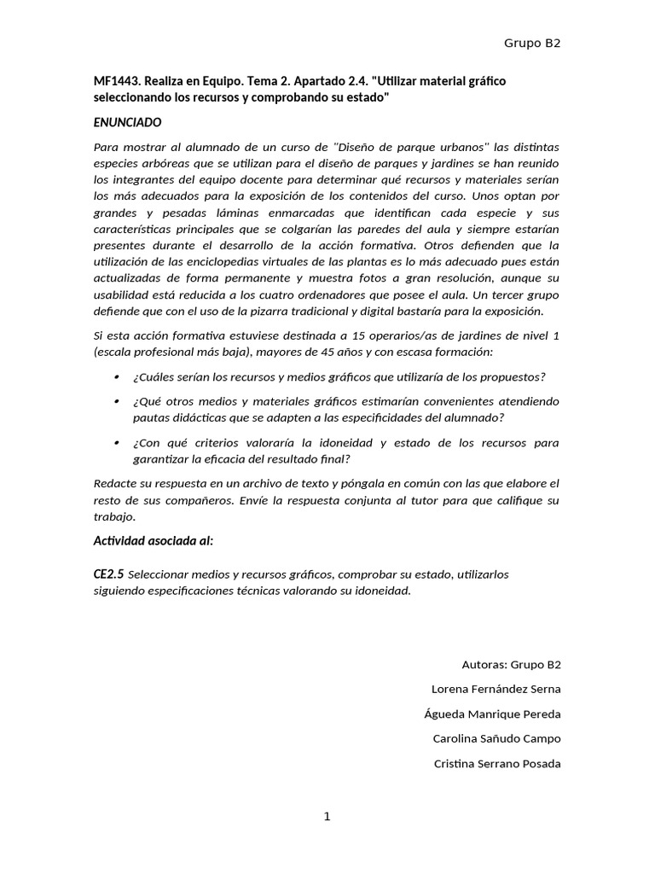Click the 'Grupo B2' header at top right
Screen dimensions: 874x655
532,43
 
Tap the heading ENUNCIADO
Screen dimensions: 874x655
127,123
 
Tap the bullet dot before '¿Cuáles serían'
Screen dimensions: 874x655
116,377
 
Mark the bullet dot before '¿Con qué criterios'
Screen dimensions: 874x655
116,443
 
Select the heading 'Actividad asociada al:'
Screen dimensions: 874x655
154,541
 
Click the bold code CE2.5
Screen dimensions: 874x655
108,574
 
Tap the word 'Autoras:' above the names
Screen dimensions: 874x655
484,665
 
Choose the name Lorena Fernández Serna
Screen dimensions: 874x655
496,690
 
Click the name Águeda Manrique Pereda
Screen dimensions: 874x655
492,714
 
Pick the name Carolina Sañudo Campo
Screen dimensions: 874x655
496,739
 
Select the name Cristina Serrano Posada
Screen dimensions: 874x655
497,764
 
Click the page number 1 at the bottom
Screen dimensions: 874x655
327,817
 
